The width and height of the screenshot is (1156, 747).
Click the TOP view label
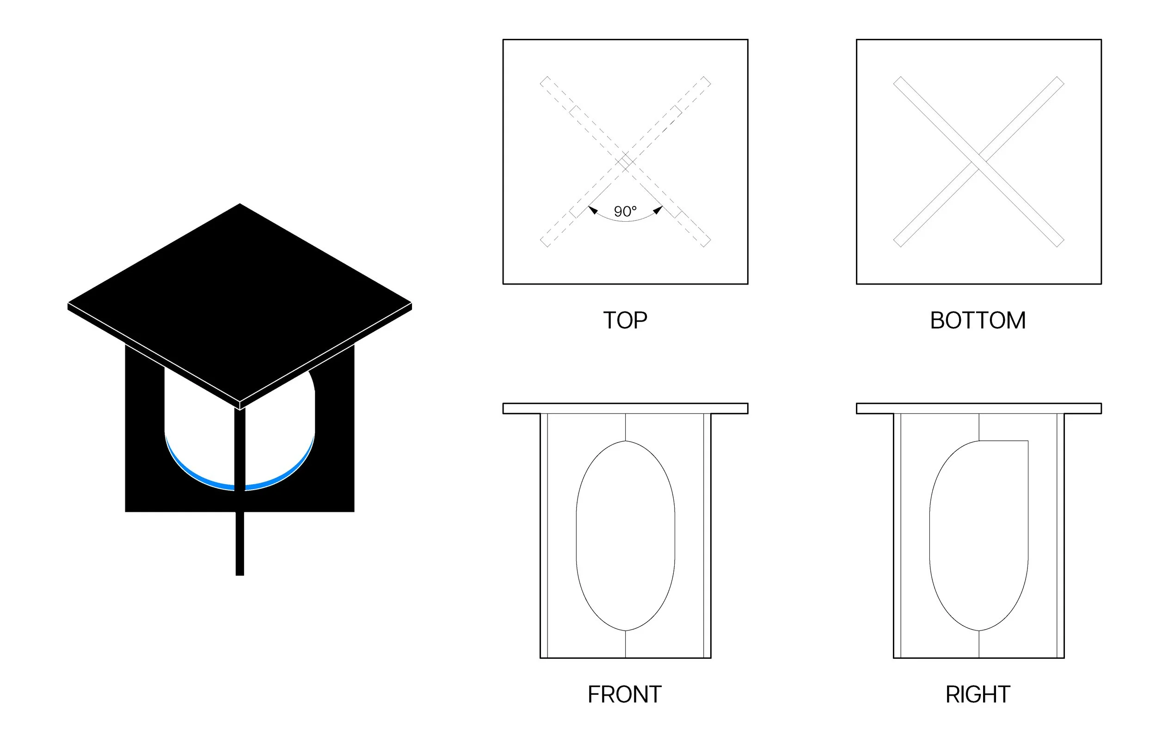[x=625, y=321]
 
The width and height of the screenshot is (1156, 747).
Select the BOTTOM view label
[x=978, y=321]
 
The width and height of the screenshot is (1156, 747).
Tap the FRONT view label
[x=624, y=694]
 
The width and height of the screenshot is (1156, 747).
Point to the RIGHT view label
[x=978, y=694]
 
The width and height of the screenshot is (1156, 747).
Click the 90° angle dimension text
[x=625, y=212]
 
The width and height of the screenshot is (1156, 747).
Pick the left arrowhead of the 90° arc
[x=593, y=210]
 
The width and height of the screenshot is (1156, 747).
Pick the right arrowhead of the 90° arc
[x=658, y=210]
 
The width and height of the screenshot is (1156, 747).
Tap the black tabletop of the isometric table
[x=240, y=301]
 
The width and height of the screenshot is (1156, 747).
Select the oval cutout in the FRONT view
[x=625, y=535]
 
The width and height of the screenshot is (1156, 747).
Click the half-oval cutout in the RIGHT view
[x=978, y=535]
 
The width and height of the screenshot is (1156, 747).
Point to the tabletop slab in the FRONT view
[x=625, y=408]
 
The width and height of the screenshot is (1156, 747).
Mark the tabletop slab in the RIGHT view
[x=978, y=408]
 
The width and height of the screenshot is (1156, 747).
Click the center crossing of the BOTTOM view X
[x=978, y=162]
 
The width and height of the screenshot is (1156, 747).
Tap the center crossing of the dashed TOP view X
[x=625, y=162]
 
